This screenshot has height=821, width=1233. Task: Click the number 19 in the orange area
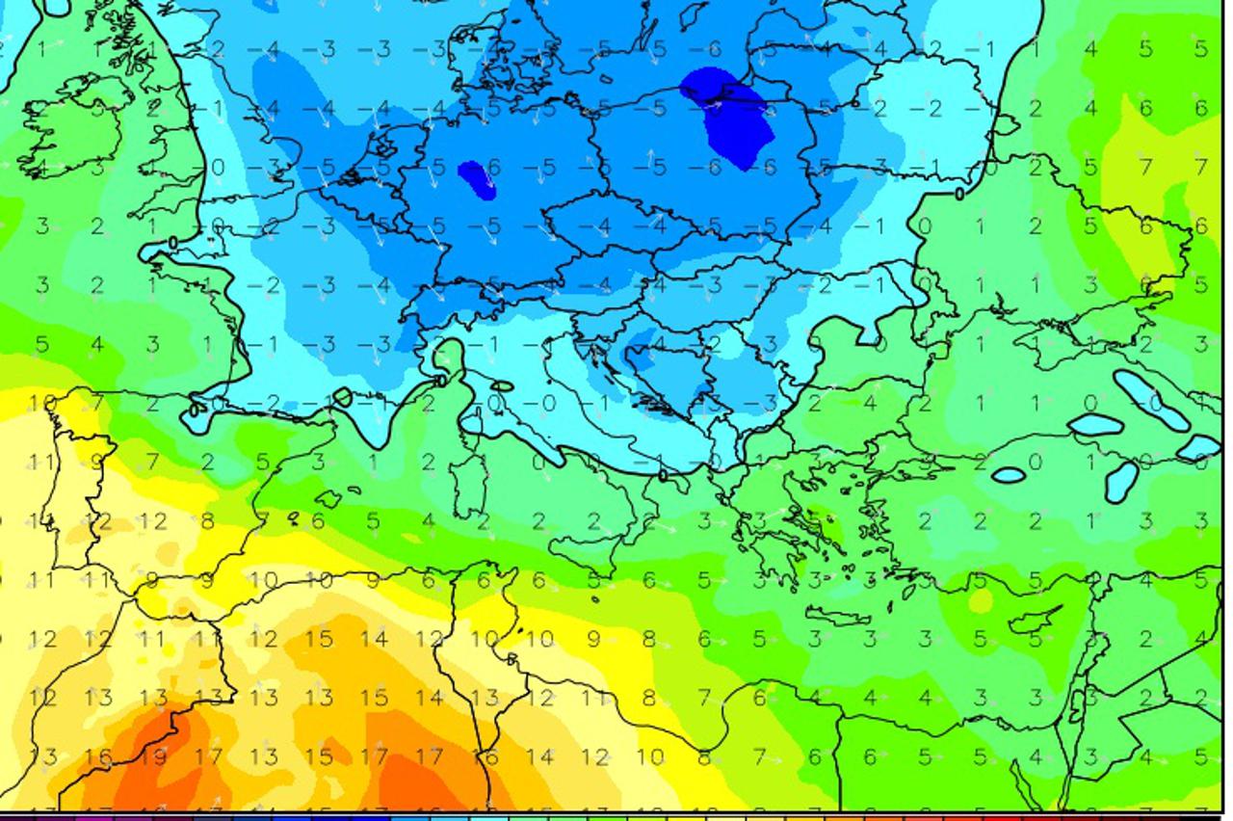point(152,756)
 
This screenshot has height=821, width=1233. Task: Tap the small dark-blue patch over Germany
point(476,178)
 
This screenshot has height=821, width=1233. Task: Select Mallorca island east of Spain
point(328,498)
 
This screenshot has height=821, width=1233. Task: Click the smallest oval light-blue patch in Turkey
point(1008,475)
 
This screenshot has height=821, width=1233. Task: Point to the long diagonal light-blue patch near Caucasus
point(1152,399)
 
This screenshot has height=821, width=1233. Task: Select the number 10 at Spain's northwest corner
point(41,403)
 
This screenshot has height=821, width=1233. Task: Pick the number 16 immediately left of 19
point(98,756)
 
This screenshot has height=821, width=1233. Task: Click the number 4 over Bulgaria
point(869,403)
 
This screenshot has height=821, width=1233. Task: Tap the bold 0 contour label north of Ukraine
point(959,194)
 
